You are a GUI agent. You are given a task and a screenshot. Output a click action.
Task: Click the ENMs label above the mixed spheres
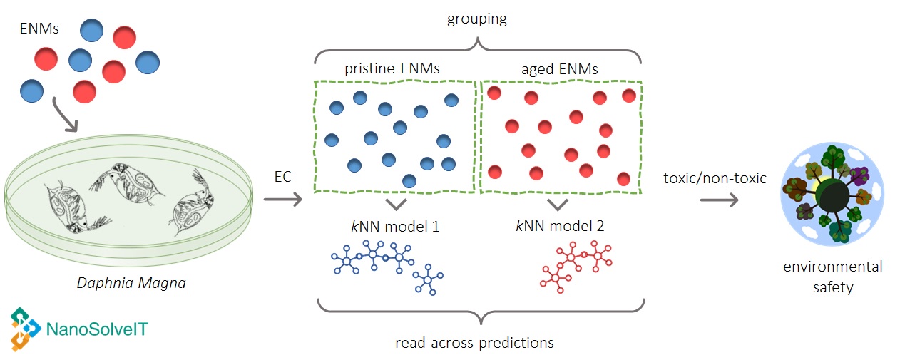(41, 29)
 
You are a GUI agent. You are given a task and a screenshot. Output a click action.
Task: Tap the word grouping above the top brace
(477, 19)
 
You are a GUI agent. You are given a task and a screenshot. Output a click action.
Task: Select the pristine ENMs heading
(392, 69)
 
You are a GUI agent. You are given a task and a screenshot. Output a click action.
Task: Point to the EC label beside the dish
(283, 177)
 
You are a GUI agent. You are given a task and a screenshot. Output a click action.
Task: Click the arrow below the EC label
(283, 200)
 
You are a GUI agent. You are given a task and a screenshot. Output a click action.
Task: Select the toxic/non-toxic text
(715, 178)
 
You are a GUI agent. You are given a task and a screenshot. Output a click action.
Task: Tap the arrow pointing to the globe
(719, 200)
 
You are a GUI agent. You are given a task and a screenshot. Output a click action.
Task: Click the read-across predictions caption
(474, 343)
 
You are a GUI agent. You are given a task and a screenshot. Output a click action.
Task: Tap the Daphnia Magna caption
(131, 283)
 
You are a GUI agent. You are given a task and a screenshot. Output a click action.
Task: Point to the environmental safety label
(833, 277)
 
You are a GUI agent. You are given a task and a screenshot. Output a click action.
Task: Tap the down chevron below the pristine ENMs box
(397, 205)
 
